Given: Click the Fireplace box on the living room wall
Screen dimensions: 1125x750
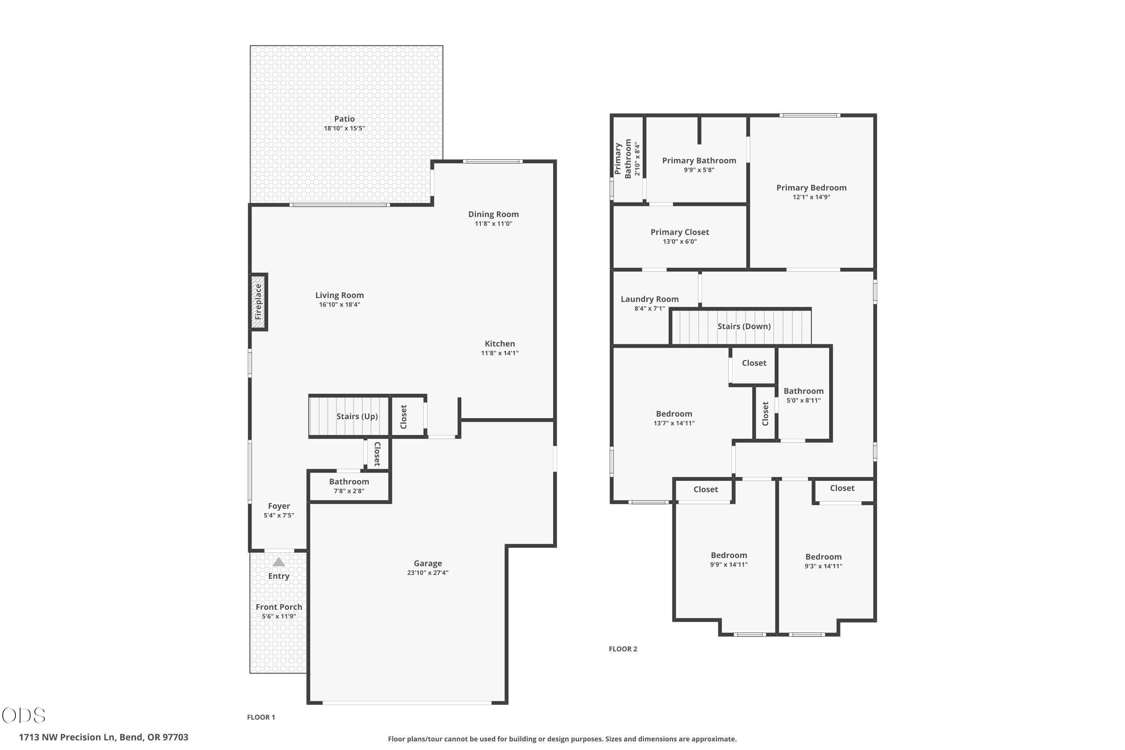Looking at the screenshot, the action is [x=258, y=302].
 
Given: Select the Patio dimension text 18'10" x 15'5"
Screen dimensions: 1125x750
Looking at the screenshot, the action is [x=344, y=128].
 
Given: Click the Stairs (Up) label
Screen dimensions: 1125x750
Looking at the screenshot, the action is [x=357, y=416].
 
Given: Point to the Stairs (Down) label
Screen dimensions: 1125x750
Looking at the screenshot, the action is [x=744, y=326].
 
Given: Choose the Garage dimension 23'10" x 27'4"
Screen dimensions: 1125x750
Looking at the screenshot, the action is [x=427, y=573].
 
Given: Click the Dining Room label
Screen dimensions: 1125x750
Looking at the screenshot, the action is [x=493, y=214].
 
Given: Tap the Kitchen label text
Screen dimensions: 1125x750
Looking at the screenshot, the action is [x=500, y=343].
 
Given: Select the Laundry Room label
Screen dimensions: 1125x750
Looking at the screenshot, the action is [x=649, y=299].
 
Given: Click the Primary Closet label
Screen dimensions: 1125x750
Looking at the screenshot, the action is [x=679, y=232].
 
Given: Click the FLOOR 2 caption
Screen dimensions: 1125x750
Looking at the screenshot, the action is [x=623, y=649].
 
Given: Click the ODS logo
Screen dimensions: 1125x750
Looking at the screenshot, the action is [x=24, y=715].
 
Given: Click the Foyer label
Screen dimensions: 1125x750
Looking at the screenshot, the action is [x=279, y=505].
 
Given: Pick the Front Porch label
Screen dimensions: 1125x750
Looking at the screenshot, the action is [x=279, y=607].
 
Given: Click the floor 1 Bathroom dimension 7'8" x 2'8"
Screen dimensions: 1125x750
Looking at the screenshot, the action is [x=349, y=491].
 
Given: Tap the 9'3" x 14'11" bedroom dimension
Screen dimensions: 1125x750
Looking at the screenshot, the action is [x=823, y=566].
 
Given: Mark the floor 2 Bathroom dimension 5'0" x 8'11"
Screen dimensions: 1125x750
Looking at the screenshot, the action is [x=804, y=400].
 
